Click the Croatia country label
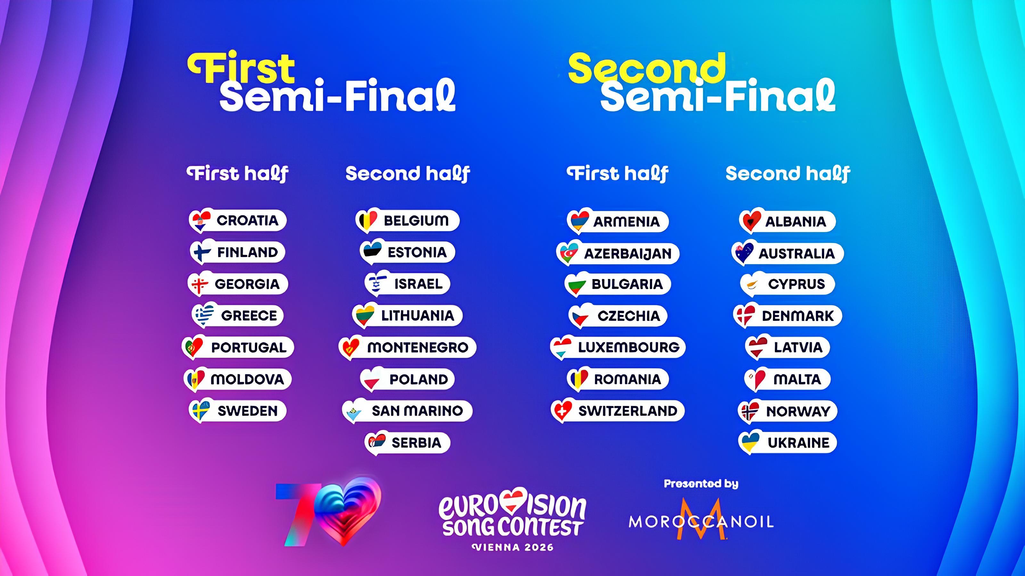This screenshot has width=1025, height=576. pyautogui.click(x=247, y=220)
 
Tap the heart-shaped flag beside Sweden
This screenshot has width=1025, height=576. pyautogui.click(x=200, y=410)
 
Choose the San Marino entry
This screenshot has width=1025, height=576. pyautogui.click(x=407, y=411)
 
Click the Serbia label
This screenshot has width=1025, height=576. pyautogui.click(x=417, y=443)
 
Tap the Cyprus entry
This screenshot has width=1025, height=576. pyautogui.click(x=787, y=284)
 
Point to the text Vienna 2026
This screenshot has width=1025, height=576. pyautogui.click(x=513, y=548)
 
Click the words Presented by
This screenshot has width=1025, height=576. pyautogui.click(x=701, y=484)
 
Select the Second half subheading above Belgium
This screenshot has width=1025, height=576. pyautogui.click(x=407, y=174)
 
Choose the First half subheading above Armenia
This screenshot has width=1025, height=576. pyautogui.click(x=618, y=174)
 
